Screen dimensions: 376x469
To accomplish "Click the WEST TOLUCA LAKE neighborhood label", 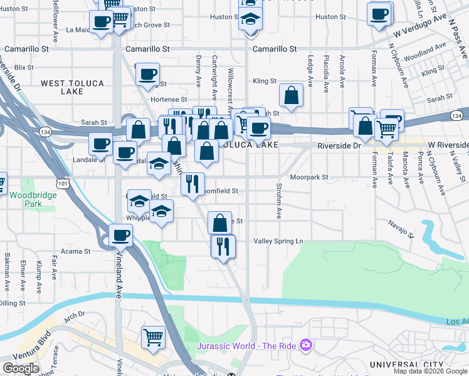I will (62, 86).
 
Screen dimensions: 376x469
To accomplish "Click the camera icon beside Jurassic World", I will (305, 345).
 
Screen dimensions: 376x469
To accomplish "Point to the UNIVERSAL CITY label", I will (406, 365).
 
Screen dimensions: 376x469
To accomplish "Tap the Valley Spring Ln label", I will (278, 241).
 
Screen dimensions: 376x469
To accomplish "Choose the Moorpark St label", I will (308, 177).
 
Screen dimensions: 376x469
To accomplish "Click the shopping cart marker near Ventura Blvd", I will (154, 337).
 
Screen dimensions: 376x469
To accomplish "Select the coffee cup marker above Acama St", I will (120, 236).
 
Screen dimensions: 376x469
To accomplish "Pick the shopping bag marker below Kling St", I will (292, 95).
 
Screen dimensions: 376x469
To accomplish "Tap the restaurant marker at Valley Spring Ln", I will (223, 246).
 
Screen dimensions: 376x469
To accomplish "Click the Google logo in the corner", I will (21, 368).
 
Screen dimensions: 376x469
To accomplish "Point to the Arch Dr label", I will (73, 315).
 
